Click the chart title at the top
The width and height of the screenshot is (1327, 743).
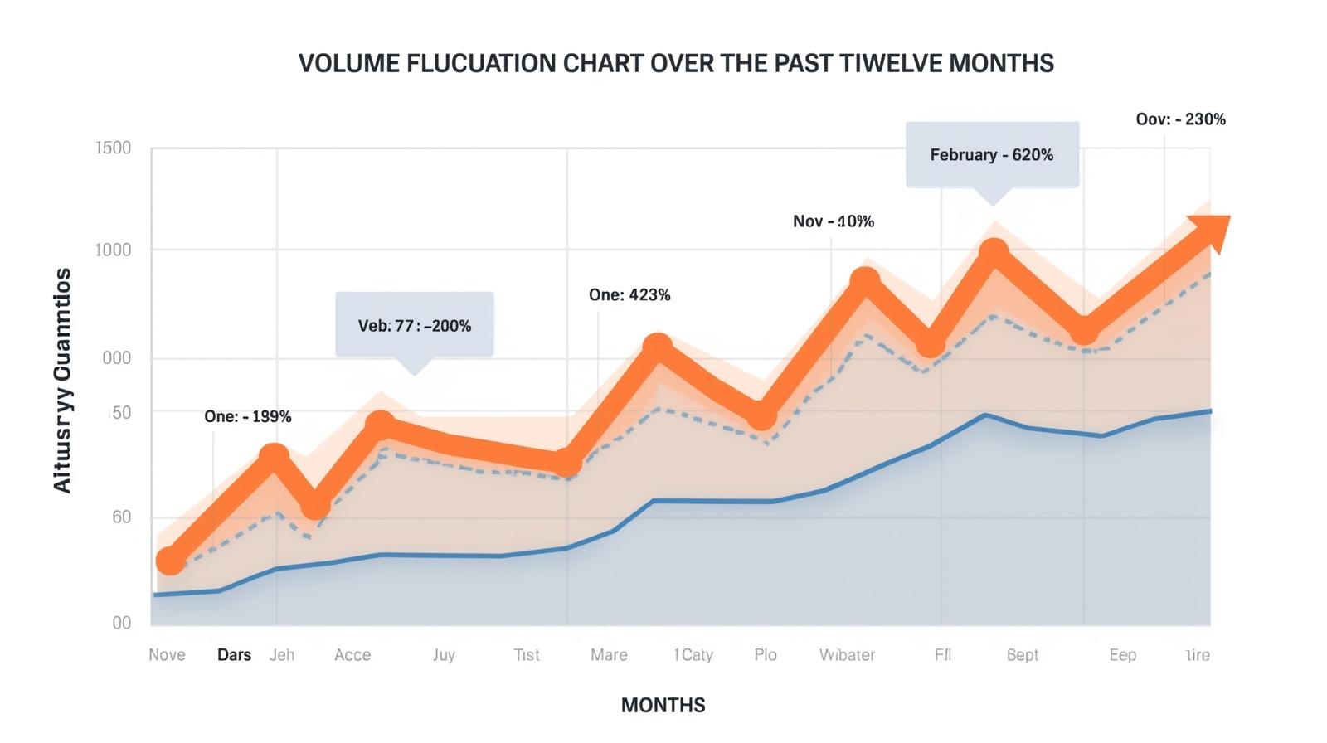[x=676, y=64]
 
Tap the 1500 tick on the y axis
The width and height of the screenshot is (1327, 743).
[x=114, y=148]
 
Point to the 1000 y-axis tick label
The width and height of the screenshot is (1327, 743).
[x=114, y=250]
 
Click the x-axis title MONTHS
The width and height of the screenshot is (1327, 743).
[x=663, y=705]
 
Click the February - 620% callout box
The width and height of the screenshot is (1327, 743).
[x=992, y=155]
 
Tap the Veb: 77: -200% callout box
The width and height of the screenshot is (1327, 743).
[x=415, y=325]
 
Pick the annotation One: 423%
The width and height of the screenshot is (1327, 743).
[x=629, y=295]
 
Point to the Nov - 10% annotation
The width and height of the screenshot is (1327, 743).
[x=833, y=221]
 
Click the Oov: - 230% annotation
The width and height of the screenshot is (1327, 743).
[x=1180, y=119]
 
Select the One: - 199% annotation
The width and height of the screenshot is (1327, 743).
[x=247, y=416]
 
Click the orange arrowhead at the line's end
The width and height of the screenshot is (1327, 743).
[x=1212, y=231]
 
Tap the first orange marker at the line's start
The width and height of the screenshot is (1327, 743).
[x=171, y=561]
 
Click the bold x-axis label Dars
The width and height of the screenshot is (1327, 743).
[x=234, y=655]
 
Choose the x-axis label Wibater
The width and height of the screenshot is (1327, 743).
[x=847, y=655]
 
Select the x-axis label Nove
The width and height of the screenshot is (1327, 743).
[x=167, y=655]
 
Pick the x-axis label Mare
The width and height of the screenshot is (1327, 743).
[x=609, y=655]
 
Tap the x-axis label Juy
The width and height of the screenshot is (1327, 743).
[x=444, y=655]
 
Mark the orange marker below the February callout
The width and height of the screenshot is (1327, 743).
[x=993, y=252]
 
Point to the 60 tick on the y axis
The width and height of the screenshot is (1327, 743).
[x=121, y=517]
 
